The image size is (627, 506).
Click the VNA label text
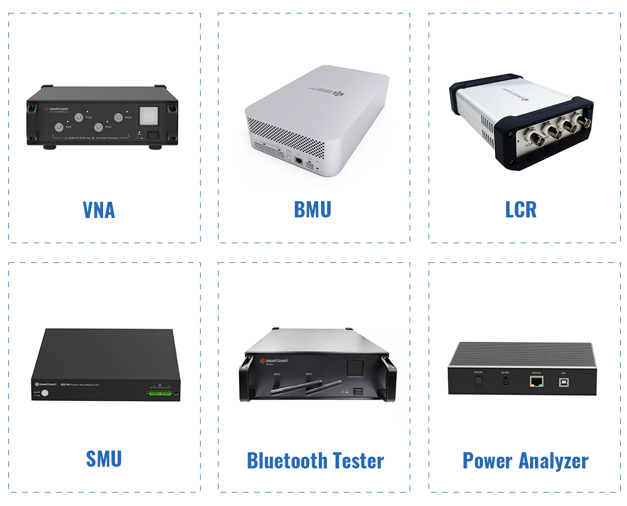[99, 210]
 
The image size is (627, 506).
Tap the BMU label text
[313, 210]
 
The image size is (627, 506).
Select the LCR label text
[521, 210]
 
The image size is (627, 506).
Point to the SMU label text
[104, 458]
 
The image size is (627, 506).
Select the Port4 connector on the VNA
[118, 117]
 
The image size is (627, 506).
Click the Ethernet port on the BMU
[300, 161]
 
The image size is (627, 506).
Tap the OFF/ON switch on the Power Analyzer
[478, 381]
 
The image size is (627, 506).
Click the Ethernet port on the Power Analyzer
[536, 381]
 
